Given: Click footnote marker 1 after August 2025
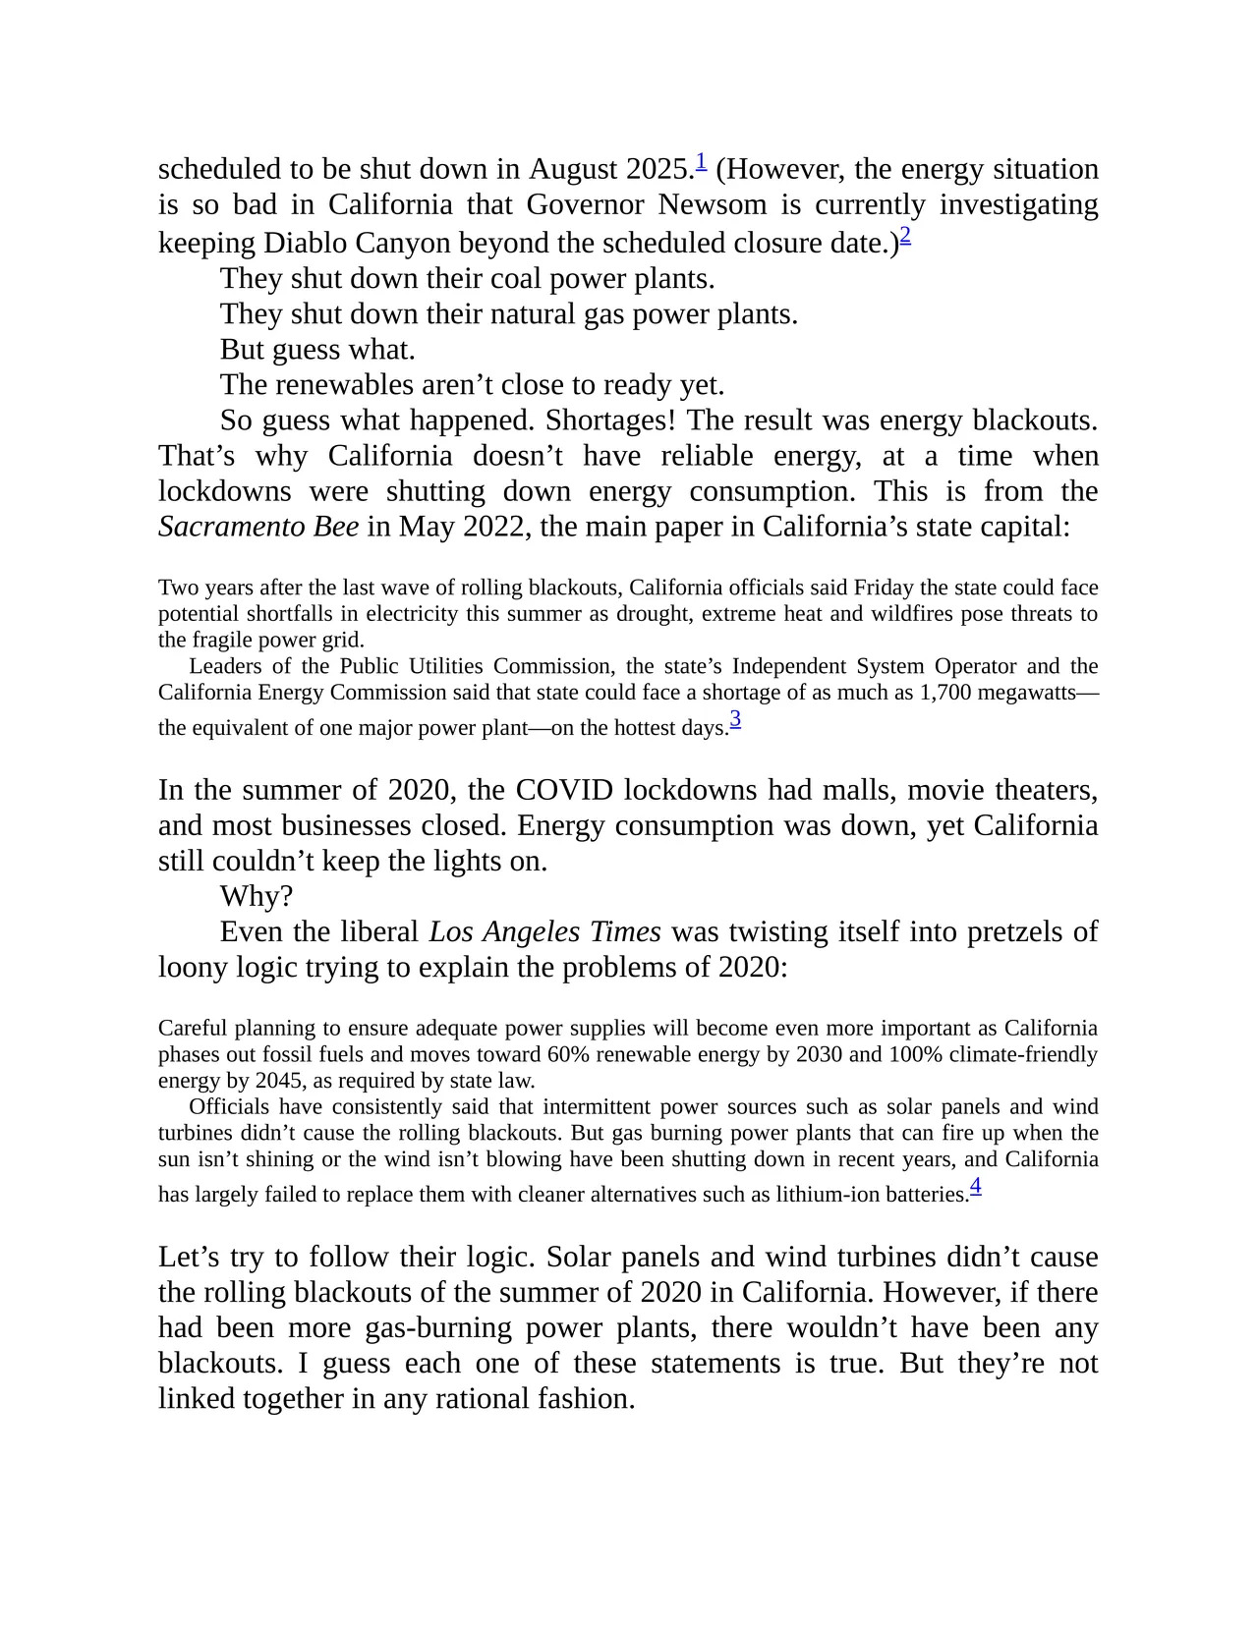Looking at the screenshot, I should click(x=701, y=160).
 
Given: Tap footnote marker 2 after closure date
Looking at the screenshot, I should click(x=905, y=235).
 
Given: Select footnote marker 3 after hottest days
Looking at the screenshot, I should click(x=735, y=720).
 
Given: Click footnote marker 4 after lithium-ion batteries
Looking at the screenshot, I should click(x=975, y=1187).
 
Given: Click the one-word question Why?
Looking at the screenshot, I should click(x=257, y=896).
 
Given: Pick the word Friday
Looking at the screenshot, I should click(x=884, y=589).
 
